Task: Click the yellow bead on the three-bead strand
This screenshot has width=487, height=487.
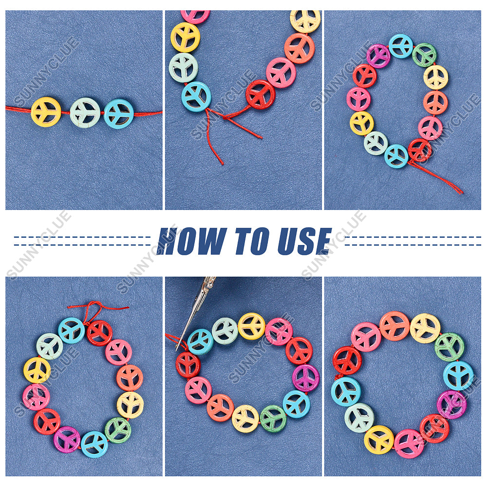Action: click(x=46, y=112)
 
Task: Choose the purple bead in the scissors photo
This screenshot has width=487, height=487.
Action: click(x=306, y=378)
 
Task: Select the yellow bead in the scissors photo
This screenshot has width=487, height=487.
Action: click(x=252, y=326)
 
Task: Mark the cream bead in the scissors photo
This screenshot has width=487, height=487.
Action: click(x=245, y=418)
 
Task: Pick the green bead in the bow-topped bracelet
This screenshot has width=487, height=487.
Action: click(x=118, y=431)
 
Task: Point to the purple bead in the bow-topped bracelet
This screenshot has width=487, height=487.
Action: click(x=67, y=439)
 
